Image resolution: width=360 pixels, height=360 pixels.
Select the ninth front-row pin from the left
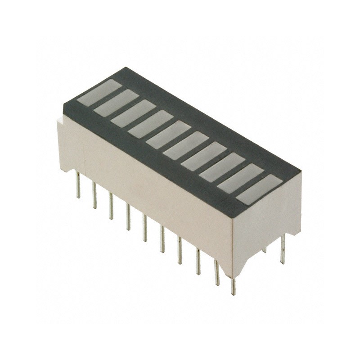coord(216,272)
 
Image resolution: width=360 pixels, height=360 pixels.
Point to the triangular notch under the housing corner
coord(243,265)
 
